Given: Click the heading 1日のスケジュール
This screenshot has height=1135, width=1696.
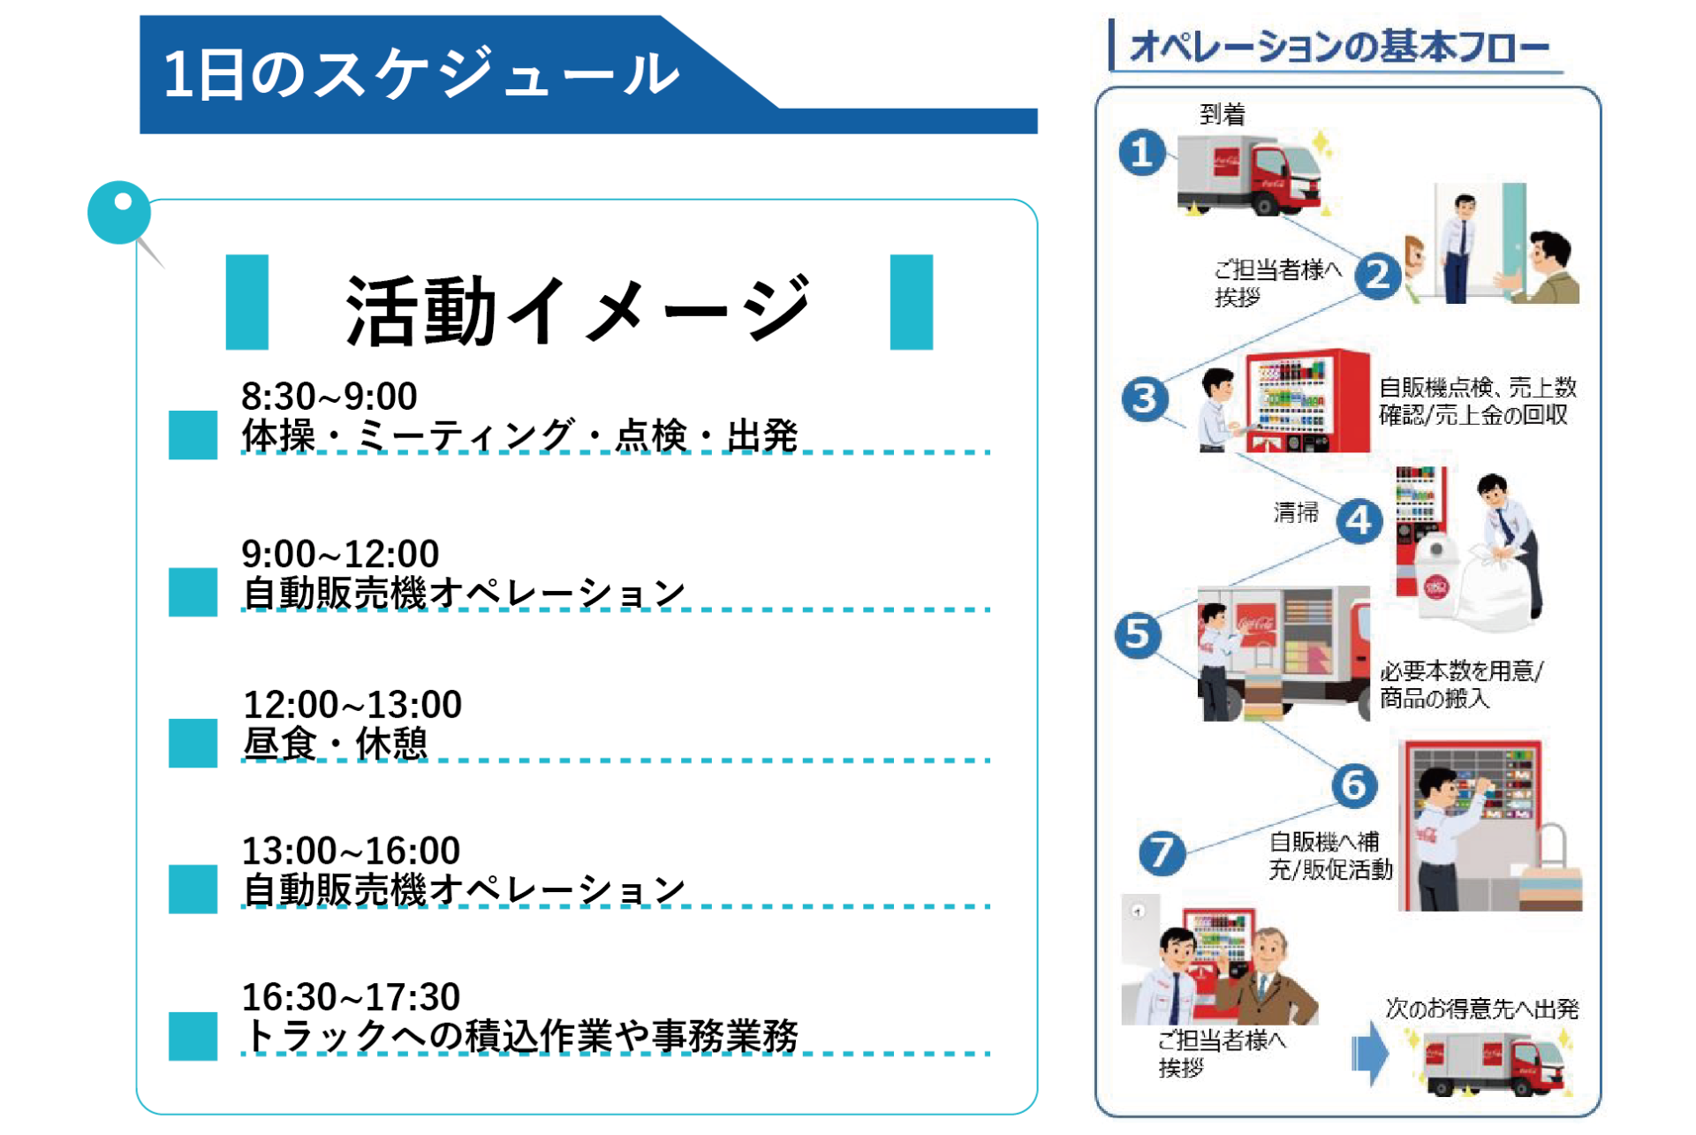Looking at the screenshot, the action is pyautogui.click(x=421, y=73).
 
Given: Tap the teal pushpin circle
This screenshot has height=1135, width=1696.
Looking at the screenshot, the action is pyautogui.click(x=119, y=212).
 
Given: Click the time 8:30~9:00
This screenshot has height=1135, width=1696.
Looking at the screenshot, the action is pyautogui.click(x=329, y=396).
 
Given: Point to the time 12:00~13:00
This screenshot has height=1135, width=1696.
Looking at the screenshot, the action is pyautogui.click(x=352, y=704).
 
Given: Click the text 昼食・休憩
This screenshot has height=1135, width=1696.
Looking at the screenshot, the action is pyautogui.click(x=335, y=743).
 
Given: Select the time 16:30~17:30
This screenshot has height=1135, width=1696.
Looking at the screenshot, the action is pyautogui.click(x=351, y=996).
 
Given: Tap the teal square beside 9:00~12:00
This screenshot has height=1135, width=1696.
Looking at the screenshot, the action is pyautogui.click(x=193, y=591).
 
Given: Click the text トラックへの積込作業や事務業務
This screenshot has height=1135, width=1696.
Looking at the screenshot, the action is pyautogui.click(x=520, y=1036).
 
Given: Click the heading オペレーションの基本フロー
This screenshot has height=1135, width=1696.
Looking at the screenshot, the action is pyautogui.click(x=1339, y=47).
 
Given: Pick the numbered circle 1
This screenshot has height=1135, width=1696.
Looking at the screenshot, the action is pyautogui.click(x=1142, y=153).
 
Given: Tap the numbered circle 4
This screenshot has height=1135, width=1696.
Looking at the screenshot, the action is pyautogui.click(x=1359, y=521).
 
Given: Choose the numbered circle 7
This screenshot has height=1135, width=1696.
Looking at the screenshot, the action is pyautogui.click(x=1162, y=853).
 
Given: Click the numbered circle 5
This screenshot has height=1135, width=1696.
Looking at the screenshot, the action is pyautogui.click(x=1138, y=635).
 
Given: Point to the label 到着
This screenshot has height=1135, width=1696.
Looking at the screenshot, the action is pyautogui.click(x=1223, y=114).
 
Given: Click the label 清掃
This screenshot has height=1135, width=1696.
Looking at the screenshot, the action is pyautogui.click(x=1296, y=512).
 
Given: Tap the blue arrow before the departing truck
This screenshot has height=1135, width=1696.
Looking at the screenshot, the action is pyautogui.click(x=1370, y=1053).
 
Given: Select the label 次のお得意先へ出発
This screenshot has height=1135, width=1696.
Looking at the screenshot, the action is pyautogui.click(x=1481, y=1009).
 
